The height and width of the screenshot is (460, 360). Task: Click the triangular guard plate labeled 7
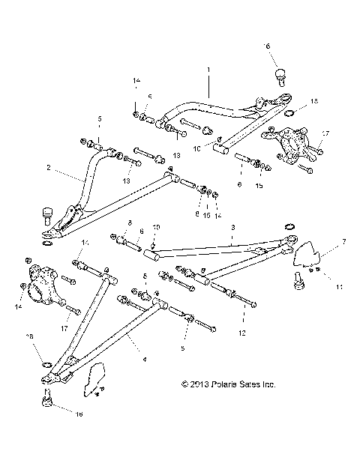pos(304,255)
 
